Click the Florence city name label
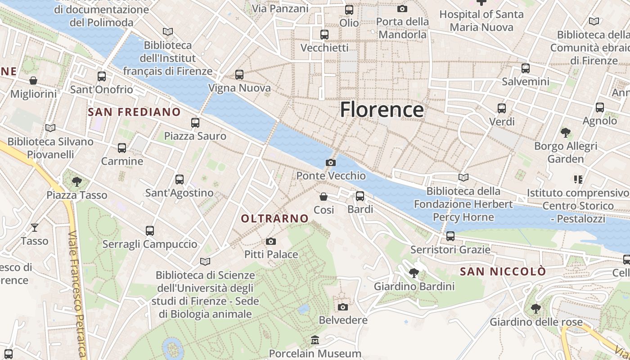(x=382, y=110)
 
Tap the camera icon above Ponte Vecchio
(x=331, y=162)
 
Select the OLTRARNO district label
(x=275, y=219)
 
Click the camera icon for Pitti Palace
(x=271, y=242)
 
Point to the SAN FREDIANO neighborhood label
(x=135, y=112)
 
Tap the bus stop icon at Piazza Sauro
(x=195, y=122)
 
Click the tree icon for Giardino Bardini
(x=414, y=273)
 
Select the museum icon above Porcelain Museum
(x=315, y=340)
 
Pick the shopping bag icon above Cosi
(x=324, y=197)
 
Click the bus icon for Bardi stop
(x=360, y=196)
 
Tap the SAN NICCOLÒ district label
(x=503, y=272)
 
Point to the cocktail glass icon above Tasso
(x=35, y=228)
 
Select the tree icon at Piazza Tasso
(x=77, y=181)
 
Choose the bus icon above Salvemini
(x=526, y=68)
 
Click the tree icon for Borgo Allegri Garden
(x=566, y=133)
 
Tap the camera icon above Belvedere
(x=343, y=307)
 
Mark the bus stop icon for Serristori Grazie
(x=450, y=236)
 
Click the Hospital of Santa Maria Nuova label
(x=481, y=21)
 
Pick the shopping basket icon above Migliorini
(x=33, y=81)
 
